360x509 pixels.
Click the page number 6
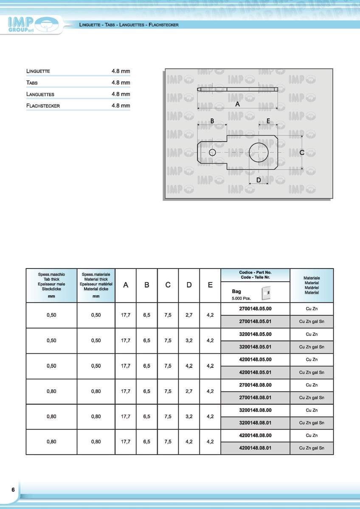point(13,489)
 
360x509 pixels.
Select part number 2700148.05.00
point(255,309)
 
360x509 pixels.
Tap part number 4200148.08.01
point(255,447)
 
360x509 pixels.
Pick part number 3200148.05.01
point(255,347)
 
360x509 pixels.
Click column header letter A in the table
point(126,285)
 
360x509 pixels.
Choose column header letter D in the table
point(189,285)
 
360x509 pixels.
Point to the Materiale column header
point(312,285)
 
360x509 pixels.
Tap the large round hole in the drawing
point(259,152)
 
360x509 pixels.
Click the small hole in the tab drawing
point(213,152)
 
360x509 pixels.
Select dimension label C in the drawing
point(302,152)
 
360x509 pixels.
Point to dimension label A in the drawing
point(237,104)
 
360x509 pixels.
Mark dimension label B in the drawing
point(212,121)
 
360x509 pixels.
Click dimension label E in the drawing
point(268,121)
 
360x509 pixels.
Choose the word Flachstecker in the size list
point(43,106)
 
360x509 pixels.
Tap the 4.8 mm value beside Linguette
point(121,71)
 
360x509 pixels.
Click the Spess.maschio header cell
point(51,285)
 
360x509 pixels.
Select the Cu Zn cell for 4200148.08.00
point(312,435)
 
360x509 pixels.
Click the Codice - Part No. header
point(255,274)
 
